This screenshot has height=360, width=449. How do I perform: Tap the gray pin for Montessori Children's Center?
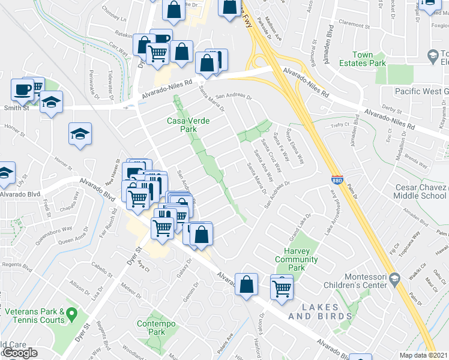click(394, 279)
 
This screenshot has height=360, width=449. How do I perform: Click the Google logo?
click(20, 353)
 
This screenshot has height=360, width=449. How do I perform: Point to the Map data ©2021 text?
click(423, 355)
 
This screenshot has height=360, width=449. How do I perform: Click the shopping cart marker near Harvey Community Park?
click(282, 287)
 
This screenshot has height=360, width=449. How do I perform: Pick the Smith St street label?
click(17, 108)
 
